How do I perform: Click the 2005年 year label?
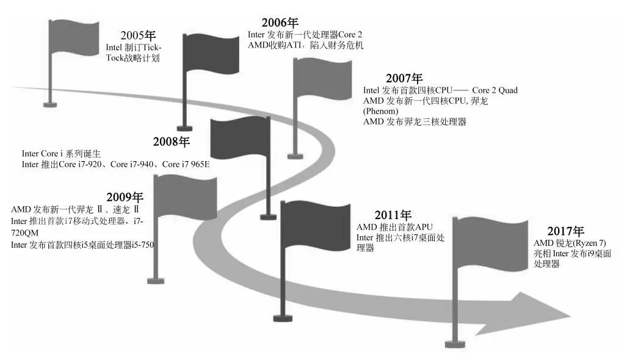point(139,35)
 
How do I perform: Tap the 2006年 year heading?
point(280,23)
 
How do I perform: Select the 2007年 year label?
point(404,79)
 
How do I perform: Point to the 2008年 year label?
point(172,142)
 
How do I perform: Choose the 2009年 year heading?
point(125,198)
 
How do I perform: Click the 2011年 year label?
point(393,215)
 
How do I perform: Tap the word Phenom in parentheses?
point(380,112)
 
